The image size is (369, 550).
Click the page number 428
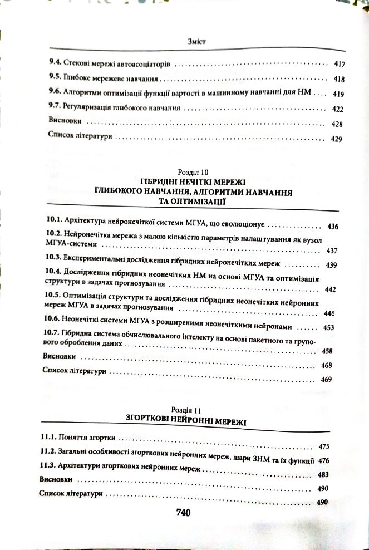click(x=337, y=124)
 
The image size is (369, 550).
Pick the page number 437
click(x=332, y=251)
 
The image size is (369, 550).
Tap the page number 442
click(x=330, y=290)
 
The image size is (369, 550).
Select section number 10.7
click(x=51, y=333)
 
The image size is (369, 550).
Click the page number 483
click(x=323, y=474)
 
